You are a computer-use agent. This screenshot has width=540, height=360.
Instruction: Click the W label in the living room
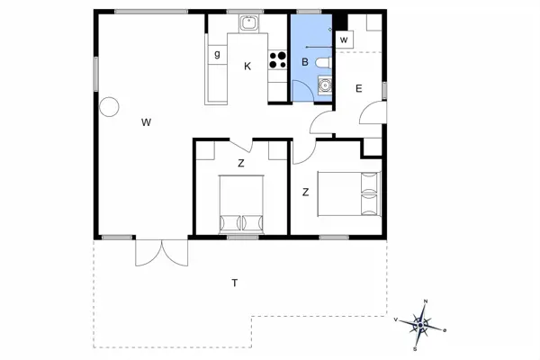[145, 123]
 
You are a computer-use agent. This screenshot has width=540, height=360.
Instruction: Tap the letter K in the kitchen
[247, 66]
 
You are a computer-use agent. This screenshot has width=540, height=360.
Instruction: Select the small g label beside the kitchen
[217, 55]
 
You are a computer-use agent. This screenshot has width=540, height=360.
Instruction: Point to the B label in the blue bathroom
[305, 62]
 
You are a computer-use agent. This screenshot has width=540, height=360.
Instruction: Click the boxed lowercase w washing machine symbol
[344, 39]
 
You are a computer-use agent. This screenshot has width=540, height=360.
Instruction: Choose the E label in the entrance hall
[358, 88]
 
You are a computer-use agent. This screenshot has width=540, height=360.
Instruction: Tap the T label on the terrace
[234, 283]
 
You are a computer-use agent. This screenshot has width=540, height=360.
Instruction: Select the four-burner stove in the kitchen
[278, 61]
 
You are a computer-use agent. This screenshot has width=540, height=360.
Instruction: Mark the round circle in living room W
[109, 107]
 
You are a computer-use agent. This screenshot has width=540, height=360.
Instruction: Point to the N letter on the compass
[426, 301]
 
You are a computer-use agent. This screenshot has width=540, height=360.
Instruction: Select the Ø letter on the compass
[444, 330]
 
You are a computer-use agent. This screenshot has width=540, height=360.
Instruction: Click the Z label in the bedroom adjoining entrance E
[306, 192]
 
